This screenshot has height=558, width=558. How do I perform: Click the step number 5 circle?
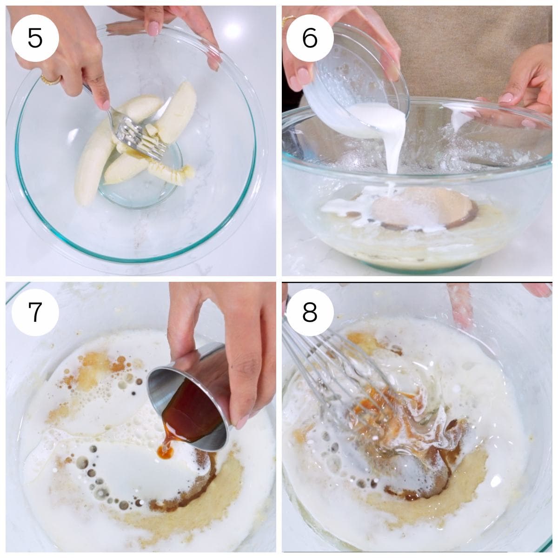pyautogui.click(x=35, y=37)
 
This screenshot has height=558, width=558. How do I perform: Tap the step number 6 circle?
pyautogui.click(x=310, y=37)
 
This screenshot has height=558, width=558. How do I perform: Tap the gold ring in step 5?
pyautogui.click(x=50, y=80)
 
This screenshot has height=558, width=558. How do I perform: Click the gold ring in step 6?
pyautogui.click(x=289, y=20)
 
